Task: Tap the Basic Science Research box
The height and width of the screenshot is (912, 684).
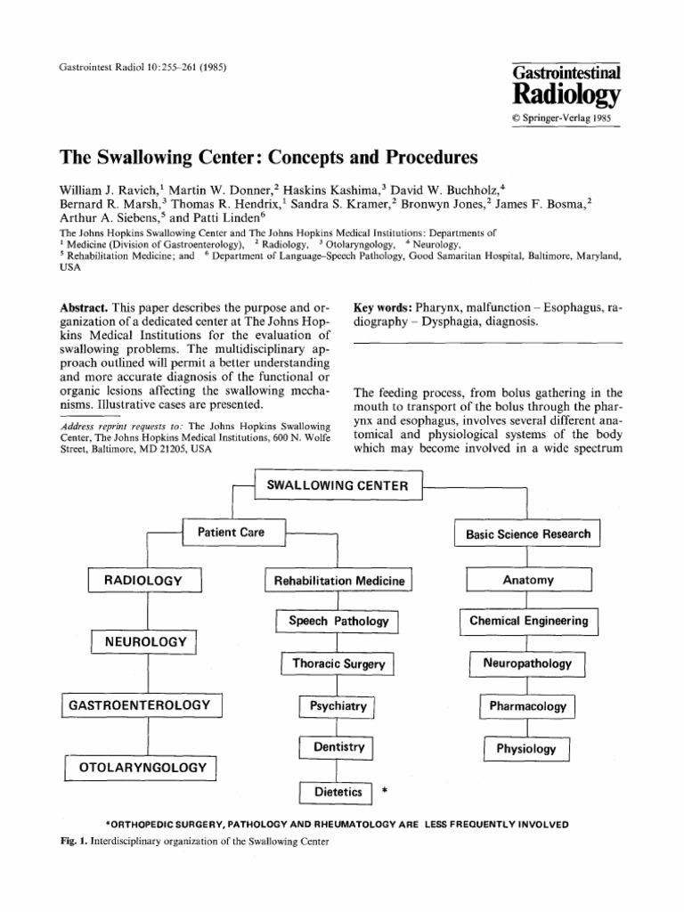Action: (x=528, y=533)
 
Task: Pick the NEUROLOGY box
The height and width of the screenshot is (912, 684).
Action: (x=145, y=641)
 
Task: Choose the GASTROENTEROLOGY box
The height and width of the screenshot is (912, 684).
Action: (x=141, y=705)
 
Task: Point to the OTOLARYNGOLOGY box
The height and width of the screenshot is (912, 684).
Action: (x=142, y=767)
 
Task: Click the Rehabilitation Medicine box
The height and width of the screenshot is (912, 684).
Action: (x=338, y=581)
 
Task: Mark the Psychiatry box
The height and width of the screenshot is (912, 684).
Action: (x=338, y=706)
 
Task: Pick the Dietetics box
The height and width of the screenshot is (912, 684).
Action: (x=338, y=791)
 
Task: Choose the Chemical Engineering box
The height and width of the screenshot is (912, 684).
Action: (x=528, y=621)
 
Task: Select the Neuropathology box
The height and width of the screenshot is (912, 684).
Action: (x=527, y=664)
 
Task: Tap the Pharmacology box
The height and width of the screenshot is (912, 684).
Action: (x=527, y=706)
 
